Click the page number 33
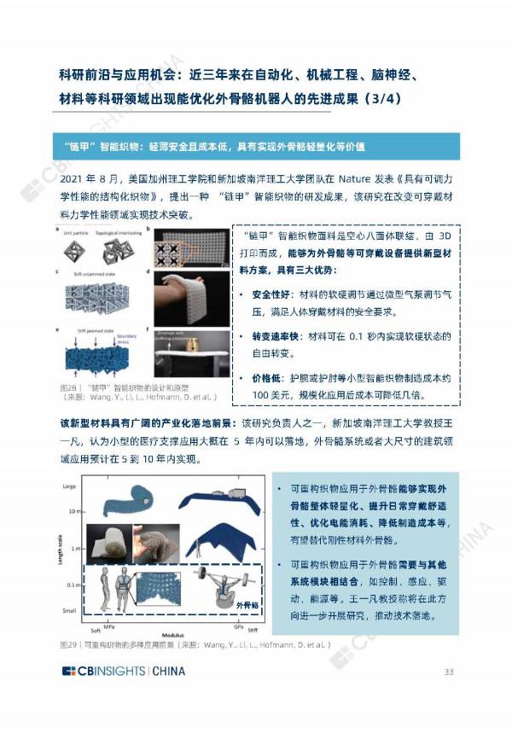click(x=448, y=671)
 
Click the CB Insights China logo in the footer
click(x=123, y=672)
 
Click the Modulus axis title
click(x=162, y=632)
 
